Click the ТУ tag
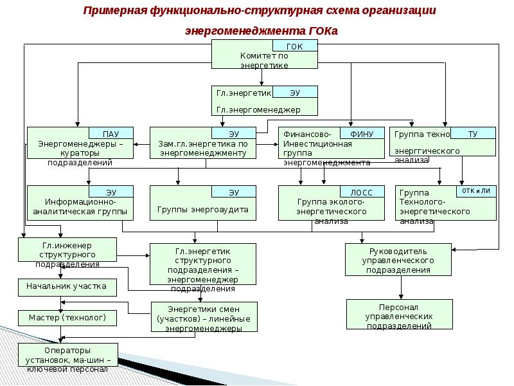click(472, 133)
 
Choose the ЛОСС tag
click(361, 192)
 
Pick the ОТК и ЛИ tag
click(476, 191)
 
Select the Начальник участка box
click(67, 286)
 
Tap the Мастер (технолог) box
click(67, 318)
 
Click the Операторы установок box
click(67, 358)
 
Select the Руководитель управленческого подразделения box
click(398, 260)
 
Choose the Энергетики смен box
click(204, 317)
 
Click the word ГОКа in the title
click(322, 31)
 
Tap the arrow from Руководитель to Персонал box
click(398, 288)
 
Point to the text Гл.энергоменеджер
click(253, 110)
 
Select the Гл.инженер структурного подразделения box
click(67, 253)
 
